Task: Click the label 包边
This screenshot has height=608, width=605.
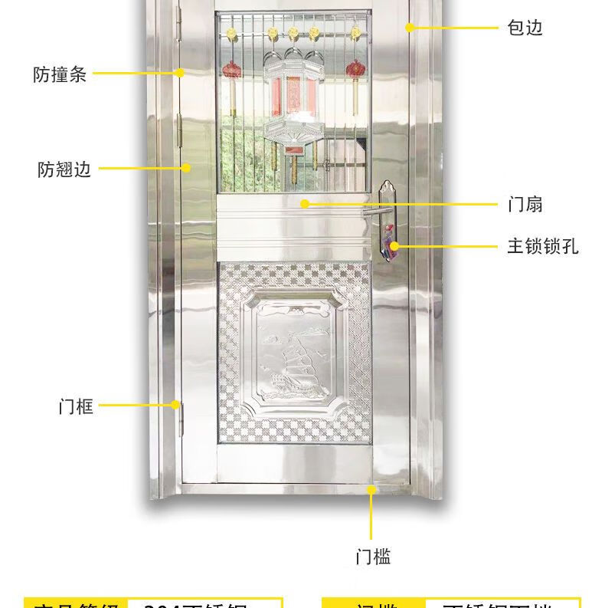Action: pyautogui.click(x=525, y=28)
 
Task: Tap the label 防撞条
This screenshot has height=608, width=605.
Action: pyautogui.click(x=60, y=74)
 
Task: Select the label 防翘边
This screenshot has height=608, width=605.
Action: pyautogui.click(x=64, y=169)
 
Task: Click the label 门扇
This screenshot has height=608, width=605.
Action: pyautogui.click(x=525, y=205)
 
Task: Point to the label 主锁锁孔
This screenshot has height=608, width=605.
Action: pyautogui.click(x=543, y=247)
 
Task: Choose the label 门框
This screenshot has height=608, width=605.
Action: pyautogui.click(x=76, y=406)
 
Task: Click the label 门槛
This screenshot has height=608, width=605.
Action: pyautogui.click(x=373, y=557)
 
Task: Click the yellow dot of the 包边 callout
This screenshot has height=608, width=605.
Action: pyautogui.click(x=410, y=28)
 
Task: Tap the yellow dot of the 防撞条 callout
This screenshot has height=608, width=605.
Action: pyautogui.click(x=179, y=74)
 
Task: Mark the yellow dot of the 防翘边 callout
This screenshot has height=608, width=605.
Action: pyautogui.click(x=186, y=168)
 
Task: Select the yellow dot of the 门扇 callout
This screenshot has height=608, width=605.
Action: pyautogui.click(x=305, y=204)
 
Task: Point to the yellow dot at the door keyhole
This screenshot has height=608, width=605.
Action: pyautogui.click(x=394, y=246)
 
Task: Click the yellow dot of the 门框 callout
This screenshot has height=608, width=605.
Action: pyautogui.click(x=175, y=405)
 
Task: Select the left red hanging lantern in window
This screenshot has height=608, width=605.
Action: pyautogui.click(x=231, y=71)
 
